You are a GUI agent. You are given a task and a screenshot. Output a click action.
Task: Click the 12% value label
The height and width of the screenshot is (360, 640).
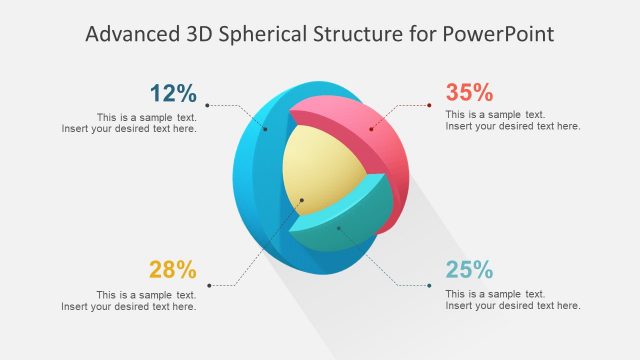(x=173, y=93)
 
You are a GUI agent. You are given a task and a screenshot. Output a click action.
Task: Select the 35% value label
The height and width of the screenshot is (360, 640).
(x=469, y=92)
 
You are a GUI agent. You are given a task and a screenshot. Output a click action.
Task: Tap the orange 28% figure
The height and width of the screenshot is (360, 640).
(x=173, y=269)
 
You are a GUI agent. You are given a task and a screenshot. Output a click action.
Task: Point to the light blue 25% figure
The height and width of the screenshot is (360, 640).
(x=469, y=269)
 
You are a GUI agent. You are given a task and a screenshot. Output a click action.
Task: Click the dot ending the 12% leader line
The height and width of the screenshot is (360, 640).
(x=207, y=105)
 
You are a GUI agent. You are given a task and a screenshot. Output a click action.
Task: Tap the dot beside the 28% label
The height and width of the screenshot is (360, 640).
(x=207, y=285)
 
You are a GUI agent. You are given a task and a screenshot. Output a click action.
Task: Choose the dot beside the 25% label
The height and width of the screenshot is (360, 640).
(x=430, y=285)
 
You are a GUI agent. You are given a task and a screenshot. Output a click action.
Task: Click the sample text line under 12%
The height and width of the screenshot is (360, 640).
(x=146, y=116)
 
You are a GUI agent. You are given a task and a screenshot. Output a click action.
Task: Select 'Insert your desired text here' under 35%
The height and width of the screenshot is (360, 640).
(x=513, y=126)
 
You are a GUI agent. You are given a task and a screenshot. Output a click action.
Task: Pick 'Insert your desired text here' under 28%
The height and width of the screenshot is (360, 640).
(x=129, y=306)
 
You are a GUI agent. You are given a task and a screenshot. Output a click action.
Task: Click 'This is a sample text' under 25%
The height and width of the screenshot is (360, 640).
(x=495, y=294)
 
